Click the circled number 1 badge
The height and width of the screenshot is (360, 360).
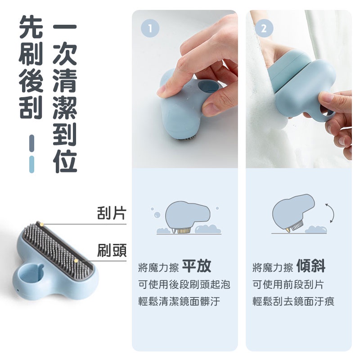coord(150,28)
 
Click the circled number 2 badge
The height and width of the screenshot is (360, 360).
coord(264,28)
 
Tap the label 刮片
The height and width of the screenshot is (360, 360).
coord(112,213)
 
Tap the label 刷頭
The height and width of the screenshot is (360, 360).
coord(112,250)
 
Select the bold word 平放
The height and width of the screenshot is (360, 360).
coord(197,266)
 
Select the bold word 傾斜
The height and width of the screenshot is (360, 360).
coord(311,266)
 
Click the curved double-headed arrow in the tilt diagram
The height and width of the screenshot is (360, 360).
coord(333,213)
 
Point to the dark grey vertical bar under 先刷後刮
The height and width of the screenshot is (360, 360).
coord(31,143)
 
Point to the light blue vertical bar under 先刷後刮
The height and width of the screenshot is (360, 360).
coord(31,164)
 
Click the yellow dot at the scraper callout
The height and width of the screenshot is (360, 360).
coord(41,224)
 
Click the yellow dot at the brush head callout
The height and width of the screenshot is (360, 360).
coord(76,261)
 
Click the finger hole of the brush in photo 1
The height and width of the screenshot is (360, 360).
coord(208,86)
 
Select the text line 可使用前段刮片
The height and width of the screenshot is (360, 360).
coord(288,284)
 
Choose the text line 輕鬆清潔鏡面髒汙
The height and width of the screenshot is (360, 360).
coord(179,301)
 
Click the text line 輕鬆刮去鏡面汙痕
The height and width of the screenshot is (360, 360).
coord(293,301)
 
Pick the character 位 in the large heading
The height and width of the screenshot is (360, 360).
coord(65,161)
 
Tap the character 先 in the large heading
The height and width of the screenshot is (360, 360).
coord(31,27)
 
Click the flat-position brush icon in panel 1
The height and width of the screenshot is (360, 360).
coord(188,217)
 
